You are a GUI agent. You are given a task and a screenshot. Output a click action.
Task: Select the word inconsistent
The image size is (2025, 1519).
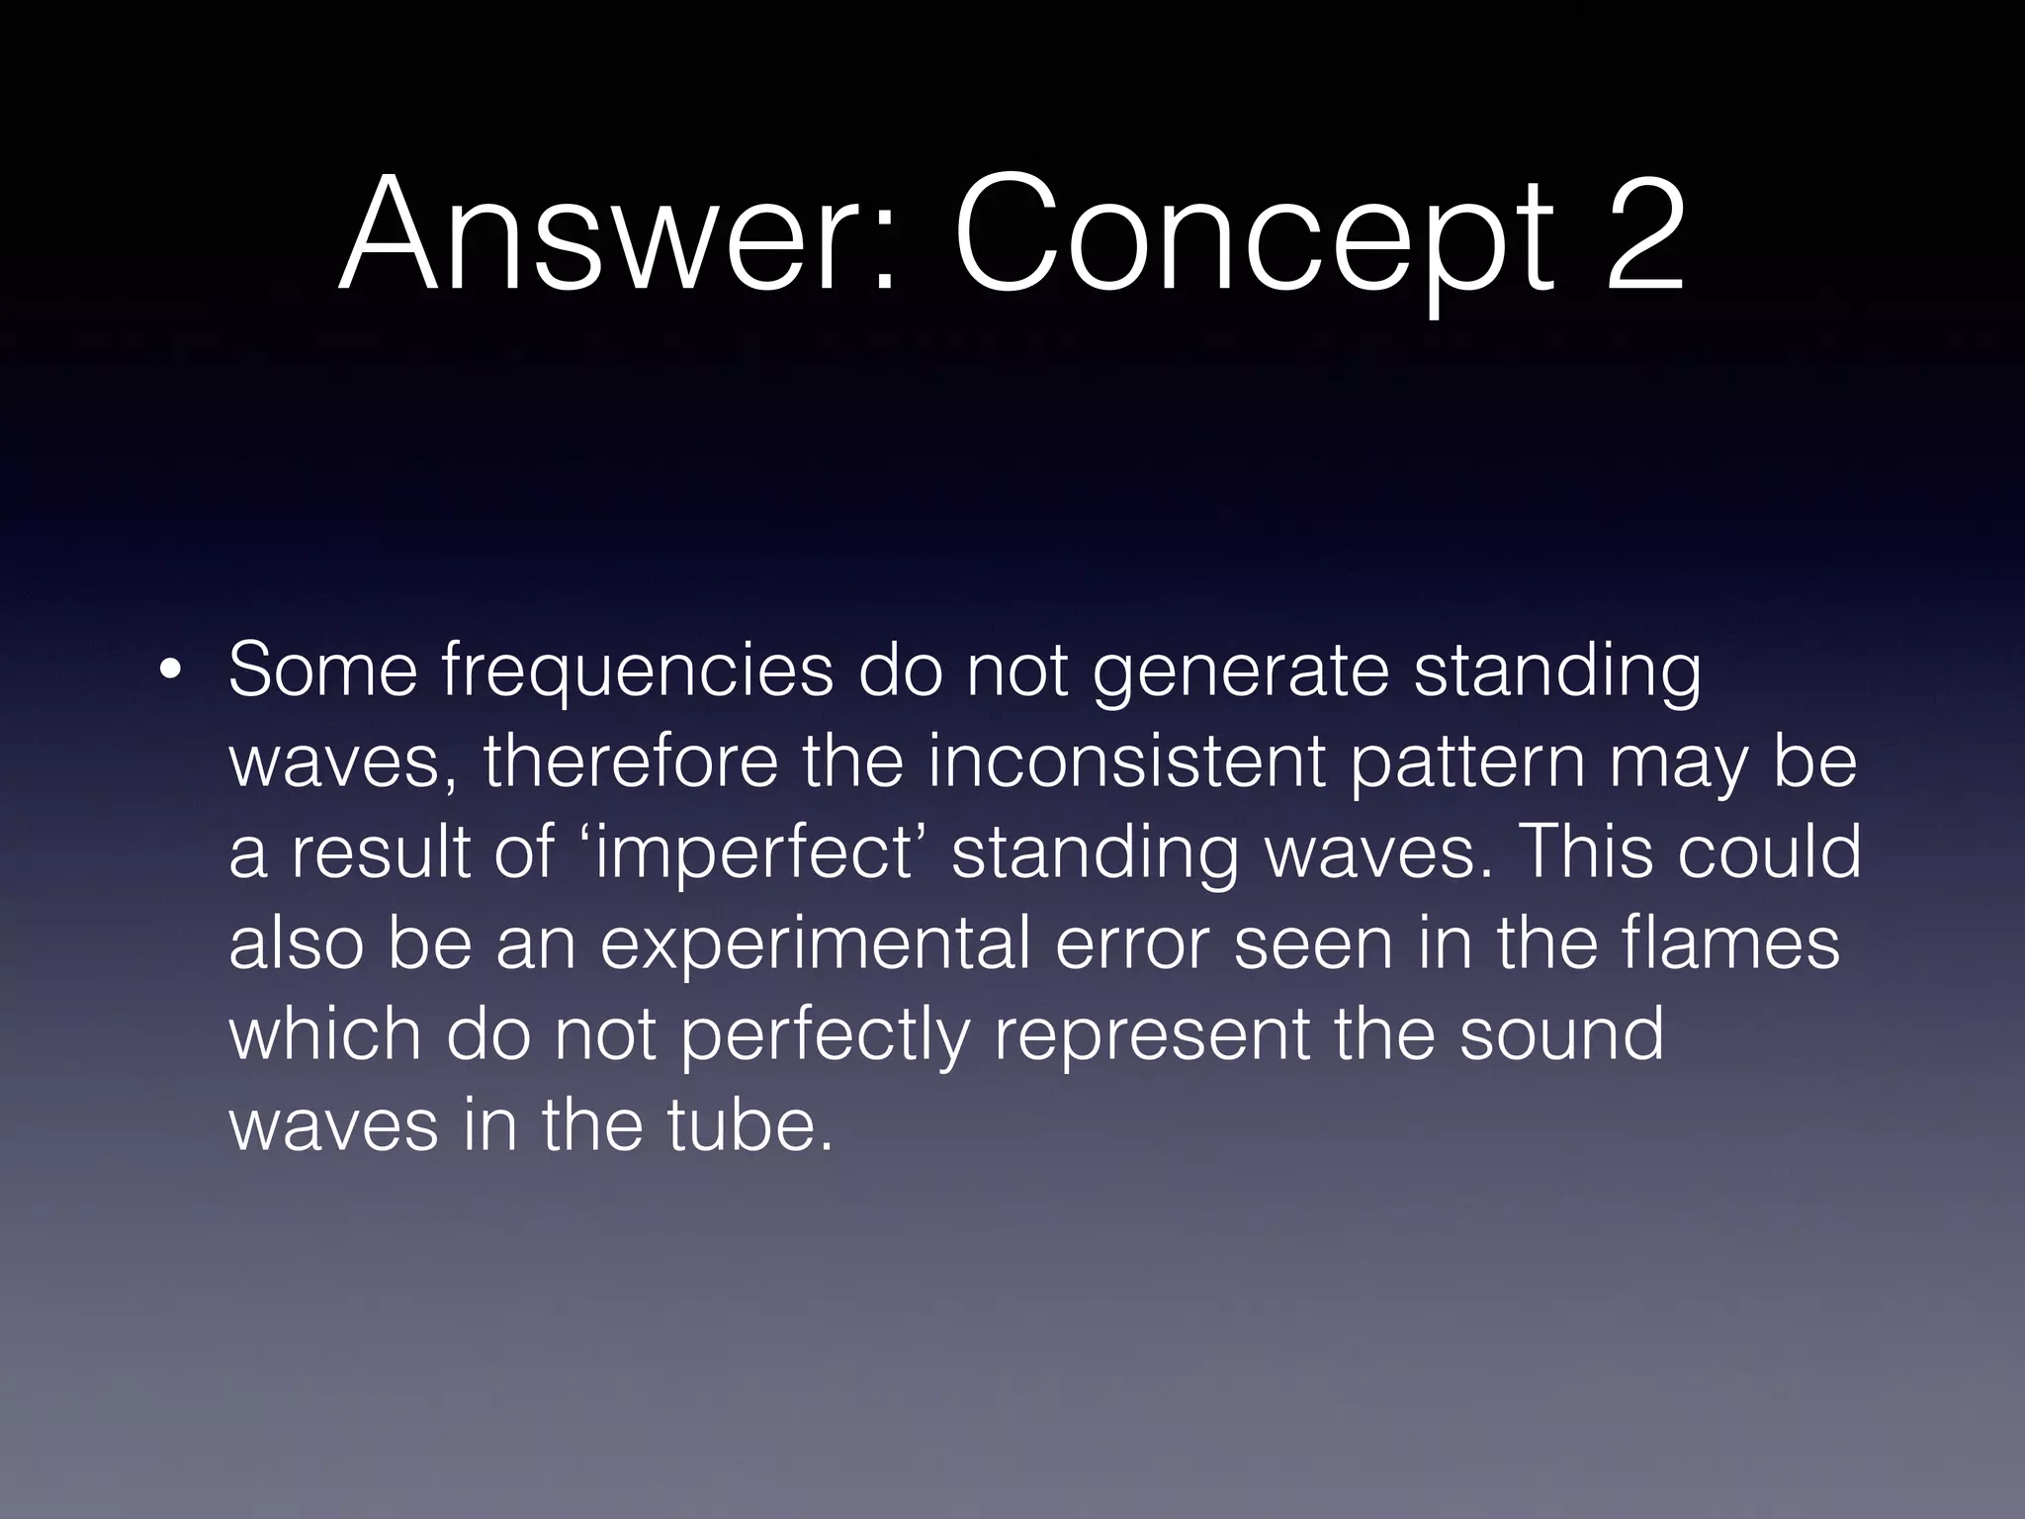[1127, 762]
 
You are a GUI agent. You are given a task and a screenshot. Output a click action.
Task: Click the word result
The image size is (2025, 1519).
[380, 853]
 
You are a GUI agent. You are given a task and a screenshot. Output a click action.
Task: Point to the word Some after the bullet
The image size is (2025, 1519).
[322, 670]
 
